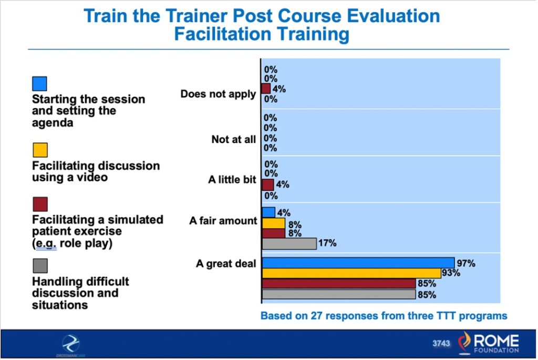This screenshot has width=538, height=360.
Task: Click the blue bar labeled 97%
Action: pyautogui.click(x=358, y=263)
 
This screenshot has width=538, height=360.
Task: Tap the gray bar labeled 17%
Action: pyautogui.click(x=289, y=243)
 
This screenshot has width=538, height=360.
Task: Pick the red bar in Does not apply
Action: pyautogui.click(x=266, y=89)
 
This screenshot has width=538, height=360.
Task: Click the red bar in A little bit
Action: pyautogui.click(x=267, y=185)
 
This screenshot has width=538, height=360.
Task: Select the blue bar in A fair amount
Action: pyautogui.click(x=268, y=212)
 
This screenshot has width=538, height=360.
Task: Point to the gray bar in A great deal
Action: pyautogui.click(x=338, y=294)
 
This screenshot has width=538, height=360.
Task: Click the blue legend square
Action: pyautogui.click(x=39, y=84)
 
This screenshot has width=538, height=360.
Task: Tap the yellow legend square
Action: pyautogui.click(x=39, y=150)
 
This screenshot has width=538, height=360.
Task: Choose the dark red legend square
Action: pyautogui.click(x=39, y=204)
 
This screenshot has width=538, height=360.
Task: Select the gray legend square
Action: pyautogui.click(x=39, y=265)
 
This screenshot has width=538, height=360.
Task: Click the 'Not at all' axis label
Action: pyautogui.click(x=234, y=139)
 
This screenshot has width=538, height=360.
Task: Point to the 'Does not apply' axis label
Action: pyautogui.click(x=218, y=95)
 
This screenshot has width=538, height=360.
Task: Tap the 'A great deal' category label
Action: pyautogui.click(x=226, y=264)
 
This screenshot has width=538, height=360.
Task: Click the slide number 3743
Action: pyautogui.click(x=441, y=343)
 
